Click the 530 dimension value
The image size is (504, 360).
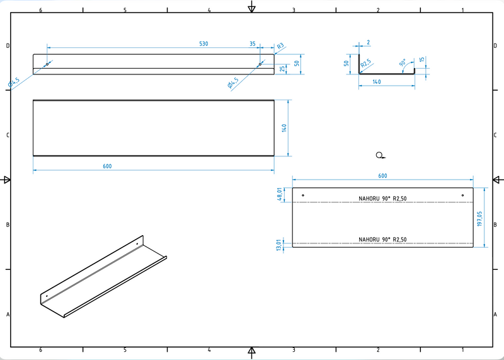click(203, 44)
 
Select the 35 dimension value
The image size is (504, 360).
click(253, 44)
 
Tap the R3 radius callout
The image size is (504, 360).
click(280, 46)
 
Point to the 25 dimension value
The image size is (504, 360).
click(282, 69)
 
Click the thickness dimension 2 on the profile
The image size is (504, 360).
click(368, 42)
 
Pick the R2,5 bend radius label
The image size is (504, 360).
click(366, 64)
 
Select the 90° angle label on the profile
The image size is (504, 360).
click(403, 63)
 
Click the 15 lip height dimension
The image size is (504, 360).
click(422, 61)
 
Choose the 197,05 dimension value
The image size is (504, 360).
click(479, 218)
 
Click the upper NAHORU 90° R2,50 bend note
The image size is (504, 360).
click(382, 199)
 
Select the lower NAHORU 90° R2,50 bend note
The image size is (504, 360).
click(382, 240)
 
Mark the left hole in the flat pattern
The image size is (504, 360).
click(303, 195)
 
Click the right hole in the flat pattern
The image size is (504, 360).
click(462, 195)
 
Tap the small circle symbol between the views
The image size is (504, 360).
click(379, 155)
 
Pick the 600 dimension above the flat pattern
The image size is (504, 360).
click(382, 176)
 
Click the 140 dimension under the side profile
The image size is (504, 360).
click(377, 82)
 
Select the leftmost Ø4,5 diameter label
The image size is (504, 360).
click(14, 82)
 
